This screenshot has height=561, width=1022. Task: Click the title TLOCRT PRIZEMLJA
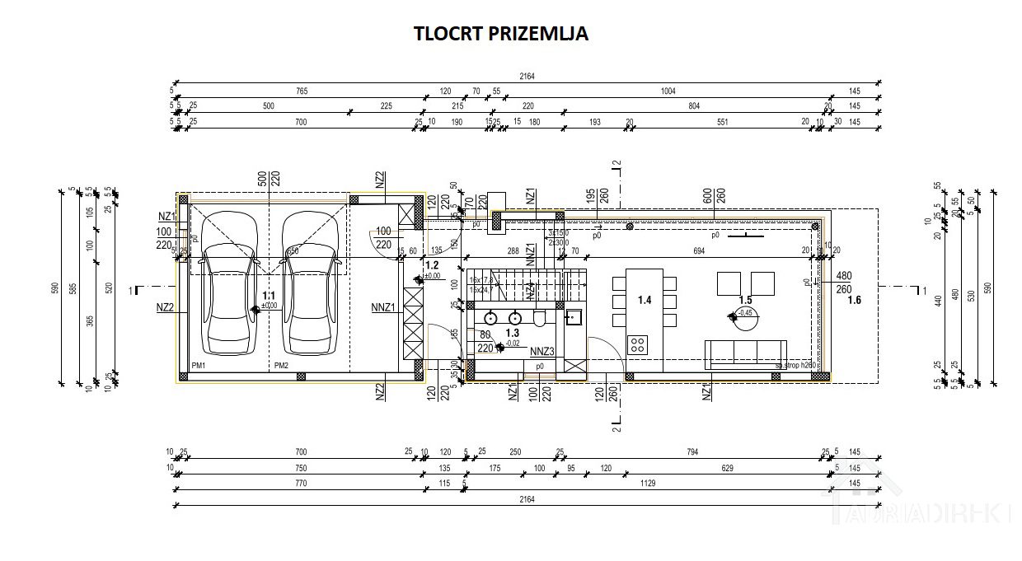pos(501,34)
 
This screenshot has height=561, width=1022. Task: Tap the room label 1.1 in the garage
pos(269,295)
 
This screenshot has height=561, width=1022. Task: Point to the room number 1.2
pos(432,265)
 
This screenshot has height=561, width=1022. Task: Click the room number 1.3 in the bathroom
pos(512,333)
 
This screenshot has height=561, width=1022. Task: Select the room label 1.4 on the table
pos(645,301)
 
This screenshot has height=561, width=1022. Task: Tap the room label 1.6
pos(854,300)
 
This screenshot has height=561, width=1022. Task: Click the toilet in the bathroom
pos(540,317)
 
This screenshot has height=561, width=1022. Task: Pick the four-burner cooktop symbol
pos(638,343)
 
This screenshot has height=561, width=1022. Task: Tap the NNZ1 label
pos(383,308)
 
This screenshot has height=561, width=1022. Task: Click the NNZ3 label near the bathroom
pos(542,351)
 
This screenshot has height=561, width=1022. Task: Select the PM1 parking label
pos(198,365)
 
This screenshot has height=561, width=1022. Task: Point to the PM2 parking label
pos(281,365)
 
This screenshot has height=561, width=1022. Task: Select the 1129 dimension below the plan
pos(648,484)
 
